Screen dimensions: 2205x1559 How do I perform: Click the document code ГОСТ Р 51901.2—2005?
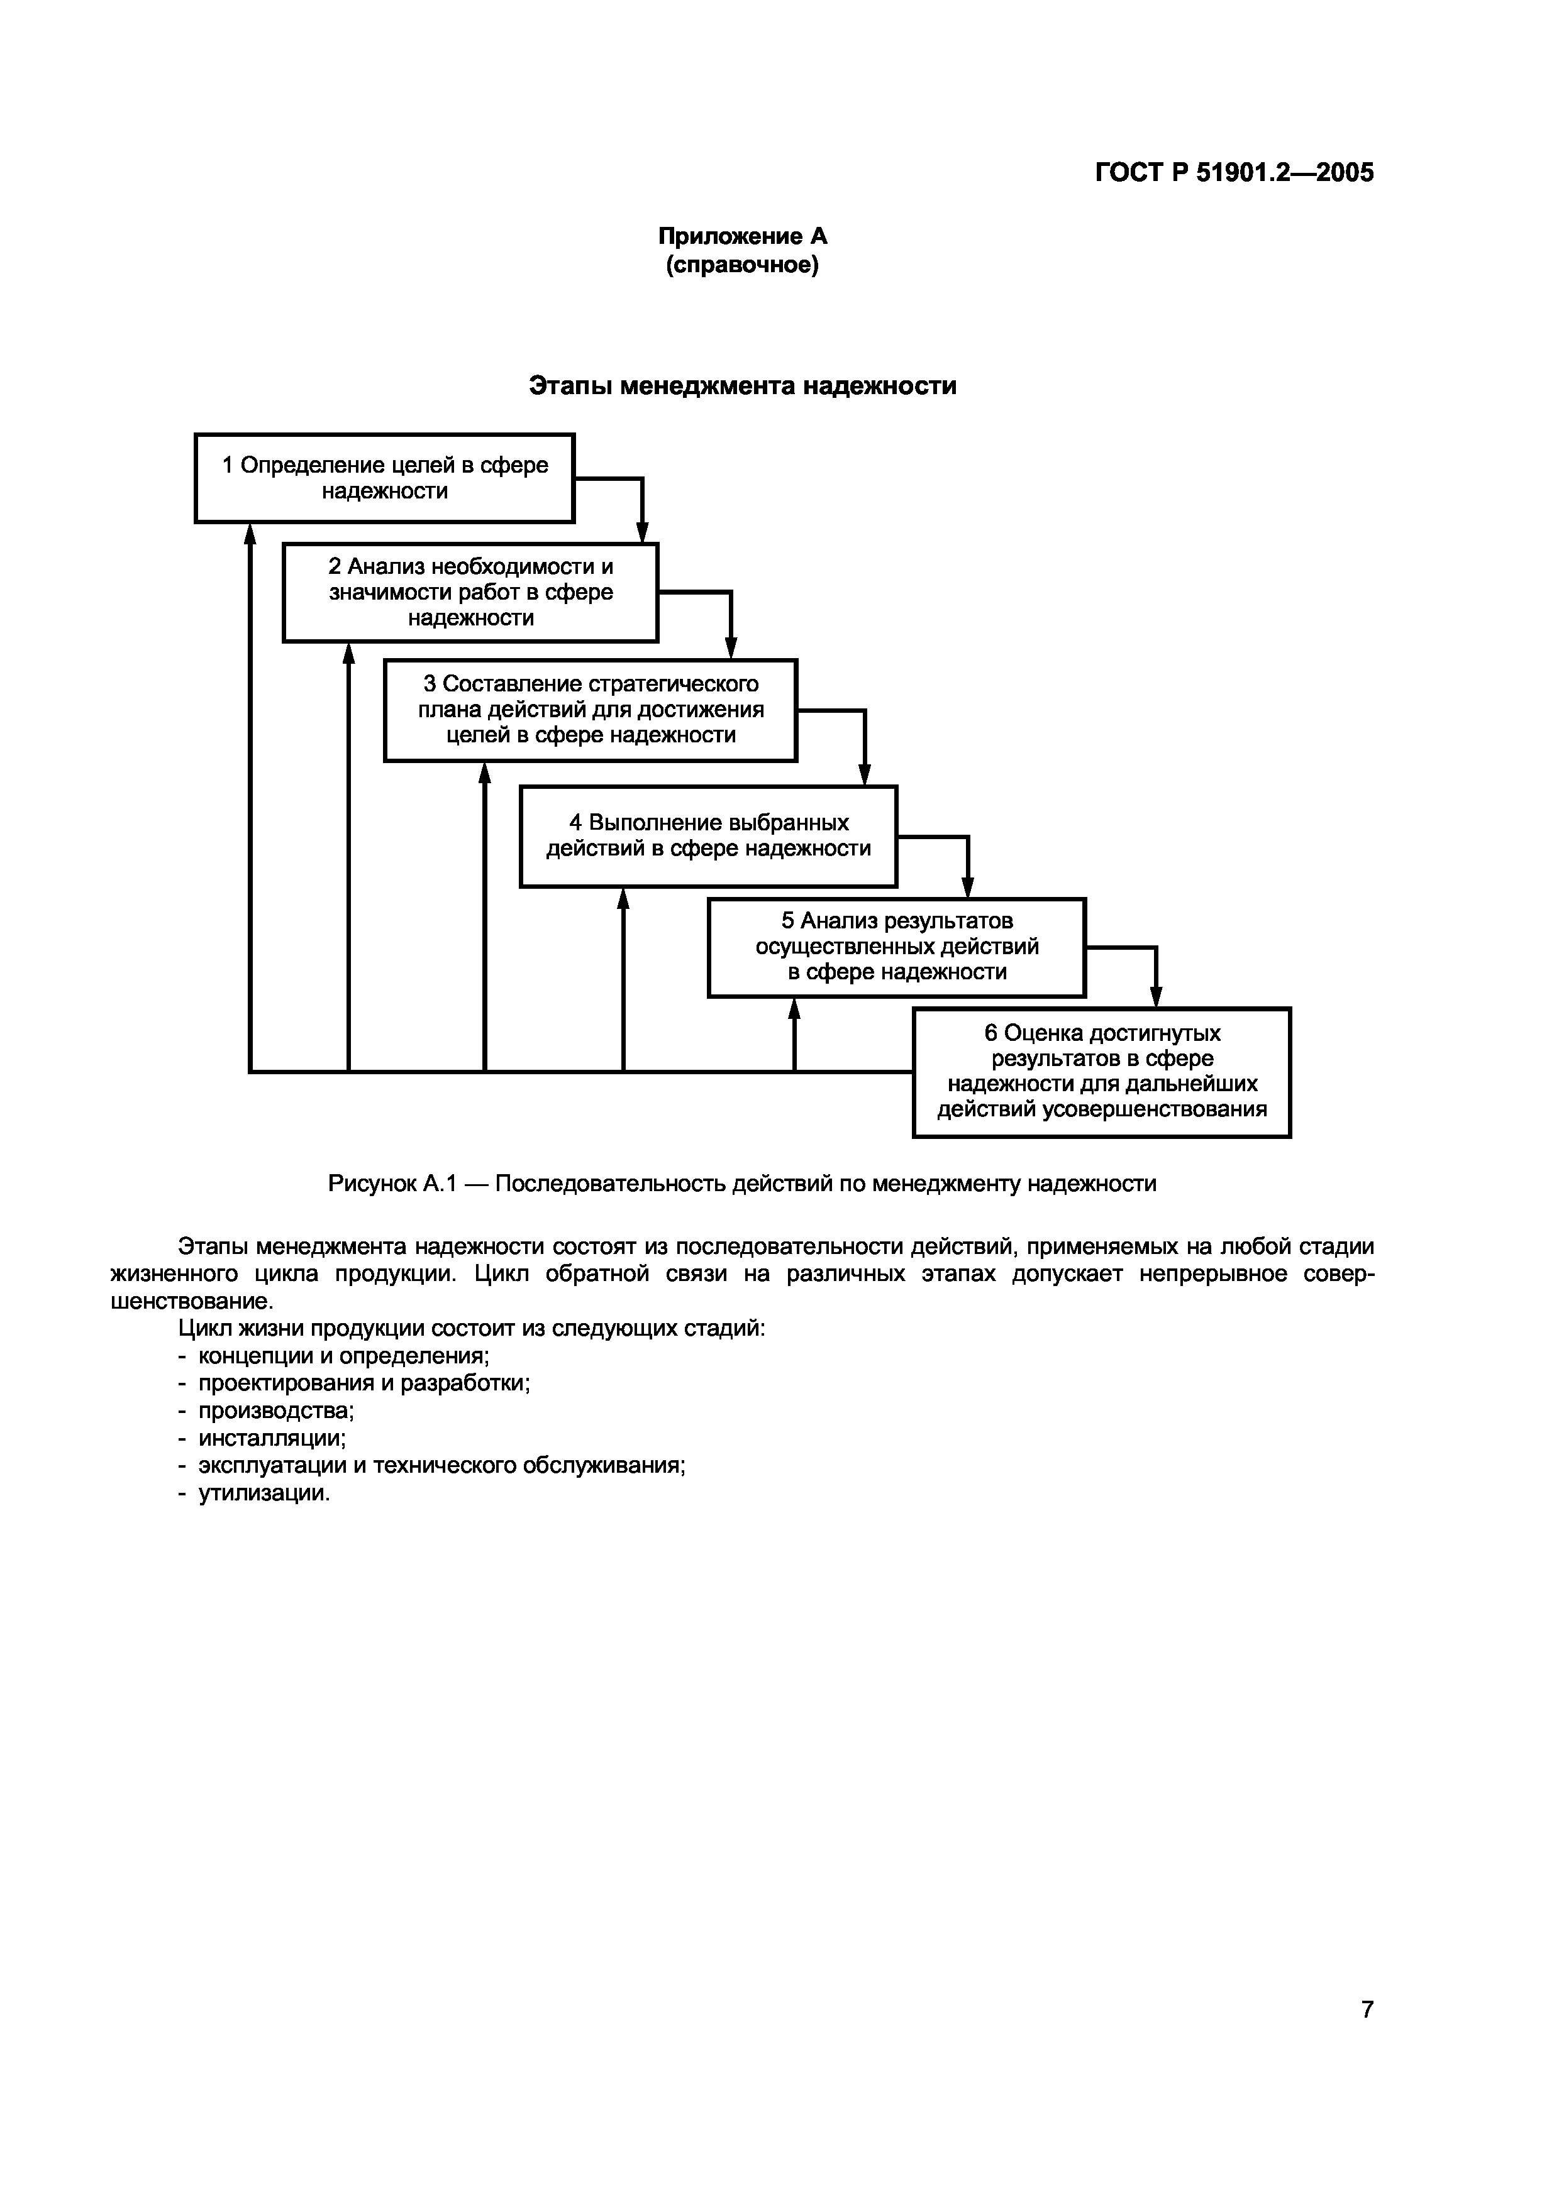1234,173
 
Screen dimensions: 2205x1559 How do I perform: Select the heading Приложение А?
741,236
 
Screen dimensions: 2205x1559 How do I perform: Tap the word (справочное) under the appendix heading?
741,265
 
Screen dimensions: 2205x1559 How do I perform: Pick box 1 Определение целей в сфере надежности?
384,478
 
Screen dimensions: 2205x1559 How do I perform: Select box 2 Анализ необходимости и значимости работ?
470,593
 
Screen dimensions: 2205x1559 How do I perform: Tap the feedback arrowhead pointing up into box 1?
250,534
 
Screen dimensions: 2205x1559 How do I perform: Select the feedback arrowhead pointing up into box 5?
794,1008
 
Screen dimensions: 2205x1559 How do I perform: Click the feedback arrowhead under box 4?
623,899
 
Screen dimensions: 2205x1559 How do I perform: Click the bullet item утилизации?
264,1493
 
